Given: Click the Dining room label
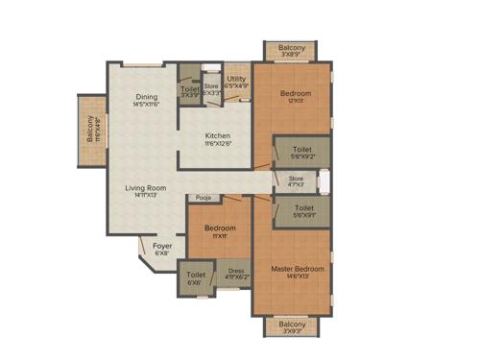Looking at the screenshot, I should point(147,97).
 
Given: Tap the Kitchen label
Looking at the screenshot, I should point(218,136).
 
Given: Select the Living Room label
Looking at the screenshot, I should point(146,188).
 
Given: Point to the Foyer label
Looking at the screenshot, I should point(162,246).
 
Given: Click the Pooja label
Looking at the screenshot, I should point(204,198).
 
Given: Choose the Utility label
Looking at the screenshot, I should point(237,80).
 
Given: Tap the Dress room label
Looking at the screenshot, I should point(234,271).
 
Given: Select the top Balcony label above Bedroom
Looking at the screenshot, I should point(293,48).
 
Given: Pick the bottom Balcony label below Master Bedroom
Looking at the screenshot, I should point(293,324).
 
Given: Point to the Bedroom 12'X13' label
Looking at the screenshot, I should point(296,94).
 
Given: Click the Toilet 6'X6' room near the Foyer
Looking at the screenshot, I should point(195,277).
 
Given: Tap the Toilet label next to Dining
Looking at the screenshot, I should point(189,89).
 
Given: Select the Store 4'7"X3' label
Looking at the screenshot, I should point(296,179).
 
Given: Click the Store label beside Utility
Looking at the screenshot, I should point(210,87).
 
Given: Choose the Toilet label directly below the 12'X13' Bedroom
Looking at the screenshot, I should point(302,150).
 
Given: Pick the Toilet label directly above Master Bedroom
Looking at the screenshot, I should point(303,208).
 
